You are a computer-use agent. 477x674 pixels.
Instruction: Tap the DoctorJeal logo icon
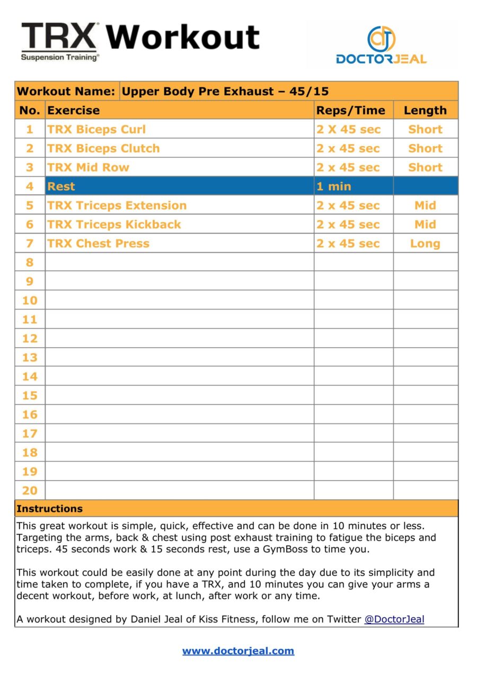(x=381, y=39)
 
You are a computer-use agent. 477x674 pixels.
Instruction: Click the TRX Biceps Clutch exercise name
(x=103, y=148)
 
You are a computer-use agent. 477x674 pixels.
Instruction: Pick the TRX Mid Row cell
(x=88, y=167)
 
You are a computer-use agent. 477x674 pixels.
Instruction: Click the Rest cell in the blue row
(x=61, y=187)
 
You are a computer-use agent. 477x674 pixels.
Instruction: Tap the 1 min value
(x=334, y=187)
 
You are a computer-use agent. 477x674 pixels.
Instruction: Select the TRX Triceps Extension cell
(x=117, y=206)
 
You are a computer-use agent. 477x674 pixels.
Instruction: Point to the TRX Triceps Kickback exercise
(x=114, y=225)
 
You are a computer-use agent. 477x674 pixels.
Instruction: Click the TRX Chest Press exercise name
(x=98, y=244)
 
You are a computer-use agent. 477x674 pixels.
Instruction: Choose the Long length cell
(x=425, y=244)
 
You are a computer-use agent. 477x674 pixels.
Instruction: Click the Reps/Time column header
(x=351, y=110)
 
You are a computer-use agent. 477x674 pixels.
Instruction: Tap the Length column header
(x=425, y=110)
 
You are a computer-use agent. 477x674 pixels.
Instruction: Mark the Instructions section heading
(x=49, y=509)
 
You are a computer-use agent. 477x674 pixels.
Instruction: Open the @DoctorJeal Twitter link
(x=394, y=619)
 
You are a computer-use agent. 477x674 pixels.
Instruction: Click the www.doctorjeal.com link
(x=238, y=651)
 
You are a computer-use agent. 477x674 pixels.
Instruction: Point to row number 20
(x=30, y=491)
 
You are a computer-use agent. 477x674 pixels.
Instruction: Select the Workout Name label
(x=66, y=91)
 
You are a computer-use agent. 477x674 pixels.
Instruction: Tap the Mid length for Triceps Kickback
(x=425, y=225)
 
